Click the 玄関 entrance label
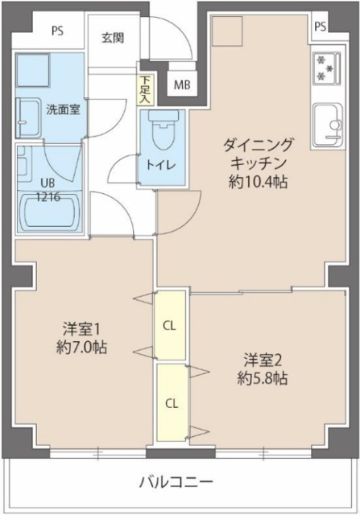112,38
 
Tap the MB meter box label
182,84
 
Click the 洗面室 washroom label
62,110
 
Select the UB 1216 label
47,188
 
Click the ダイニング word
259,146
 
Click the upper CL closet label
170,326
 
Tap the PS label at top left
57,31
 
